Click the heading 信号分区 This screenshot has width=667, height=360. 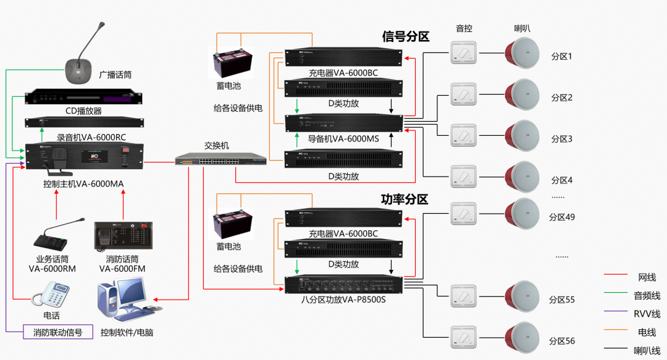[406, 36]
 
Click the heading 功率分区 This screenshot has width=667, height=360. [405, 199]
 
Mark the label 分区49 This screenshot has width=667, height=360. [562, 217]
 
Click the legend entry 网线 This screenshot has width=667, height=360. [647, 277]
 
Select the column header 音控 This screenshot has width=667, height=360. [464, 28]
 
